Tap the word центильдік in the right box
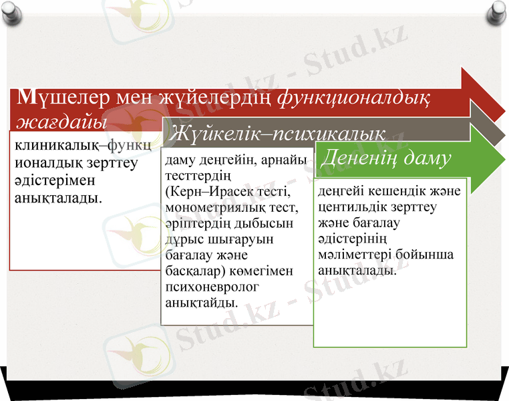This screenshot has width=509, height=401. point(352,207)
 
